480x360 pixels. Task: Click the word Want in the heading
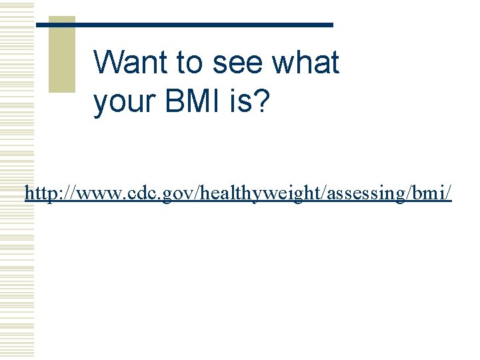(x=131, y=63)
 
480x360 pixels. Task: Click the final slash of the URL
(x=449, y=193)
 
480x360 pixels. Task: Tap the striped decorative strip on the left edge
(x=17, y=180)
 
